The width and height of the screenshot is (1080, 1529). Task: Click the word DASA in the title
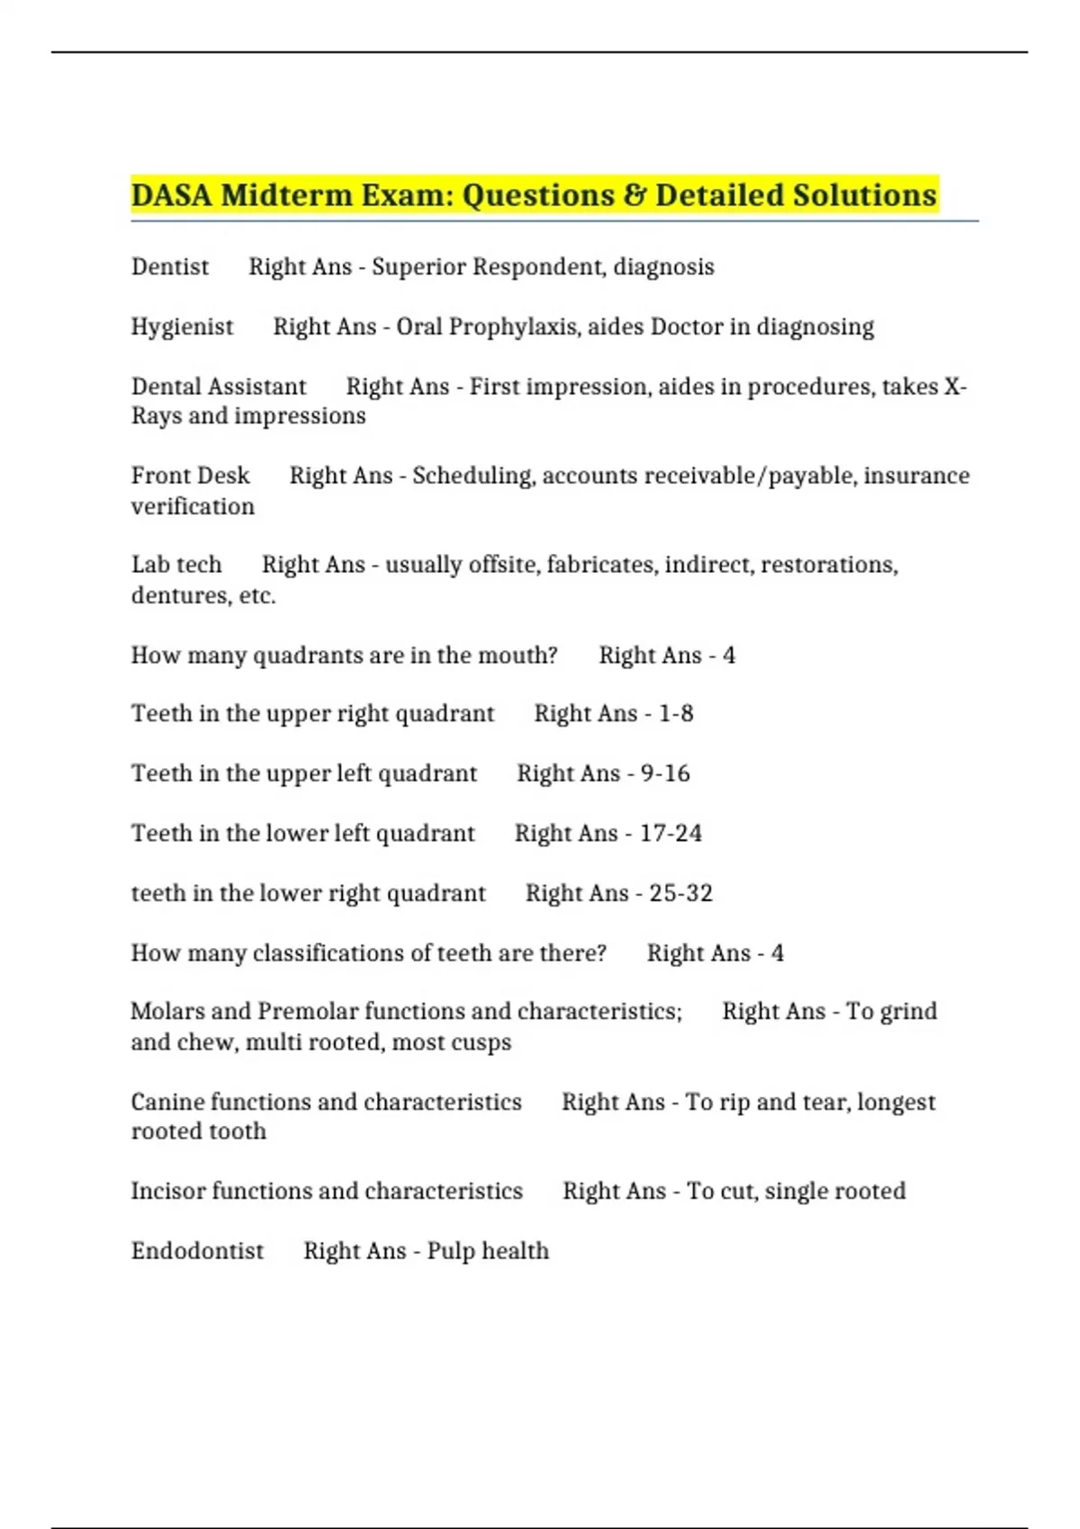pos(171,195)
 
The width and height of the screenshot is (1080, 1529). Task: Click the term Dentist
pos(169,267)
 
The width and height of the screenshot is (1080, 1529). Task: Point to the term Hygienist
pos(182,327)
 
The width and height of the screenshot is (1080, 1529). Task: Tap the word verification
pos(193,506)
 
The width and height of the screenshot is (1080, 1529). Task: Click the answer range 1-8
pos(675,714)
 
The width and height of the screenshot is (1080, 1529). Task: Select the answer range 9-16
pos(665,773)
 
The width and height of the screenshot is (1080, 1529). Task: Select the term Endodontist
pos(197,1251)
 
